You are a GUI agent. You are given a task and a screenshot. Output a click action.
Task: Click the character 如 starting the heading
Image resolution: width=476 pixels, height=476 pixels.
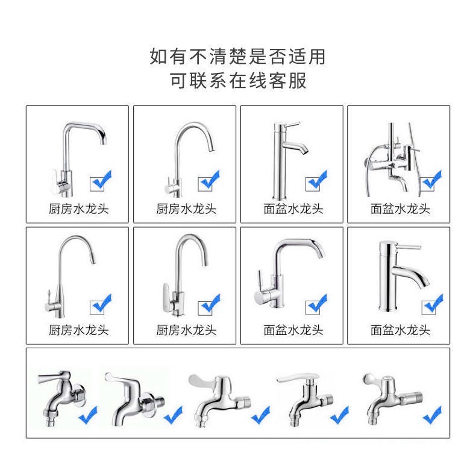click(159, 57)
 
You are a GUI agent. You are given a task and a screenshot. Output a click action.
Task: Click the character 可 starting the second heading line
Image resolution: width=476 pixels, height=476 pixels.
click(178, 81)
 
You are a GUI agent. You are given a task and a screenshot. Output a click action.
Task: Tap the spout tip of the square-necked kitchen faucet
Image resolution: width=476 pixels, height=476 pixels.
click(104, 142)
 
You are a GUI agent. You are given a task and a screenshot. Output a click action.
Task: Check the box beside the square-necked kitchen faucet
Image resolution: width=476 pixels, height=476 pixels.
click(97, 184)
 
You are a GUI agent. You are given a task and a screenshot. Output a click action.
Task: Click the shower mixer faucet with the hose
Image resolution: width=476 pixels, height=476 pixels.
click(392, 160)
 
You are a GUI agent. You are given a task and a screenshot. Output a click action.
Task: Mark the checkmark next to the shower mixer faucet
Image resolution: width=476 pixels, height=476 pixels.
click(432, 180)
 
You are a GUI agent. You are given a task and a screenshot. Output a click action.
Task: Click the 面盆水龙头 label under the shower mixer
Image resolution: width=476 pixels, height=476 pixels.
click(400, 209)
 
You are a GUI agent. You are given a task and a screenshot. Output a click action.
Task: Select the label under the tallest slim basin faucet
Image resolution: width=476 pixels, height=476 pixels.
click(293, 209)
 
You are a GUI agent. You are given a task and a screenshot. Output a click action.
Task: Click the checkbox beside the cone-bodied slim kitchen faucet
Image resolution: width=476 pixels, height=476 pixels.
click(97, 307)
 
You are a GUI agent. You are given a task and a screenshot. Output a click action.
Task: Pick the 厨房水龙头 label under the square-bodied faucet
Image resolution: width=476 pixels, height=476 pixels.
click(186, 330)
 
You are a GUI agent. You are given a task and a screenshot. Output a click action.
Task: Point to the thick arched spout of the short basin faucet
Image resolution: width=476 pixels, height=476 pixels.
click(410, 274)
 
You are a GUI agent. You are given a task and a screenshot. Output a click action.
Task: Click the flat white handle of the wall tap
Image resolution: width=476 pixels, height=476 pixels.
click(297, 378)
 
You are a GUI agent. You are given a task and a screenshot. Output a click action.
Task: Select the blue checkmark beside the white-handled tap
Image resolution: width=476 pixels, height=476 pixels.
click(339, 415)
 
